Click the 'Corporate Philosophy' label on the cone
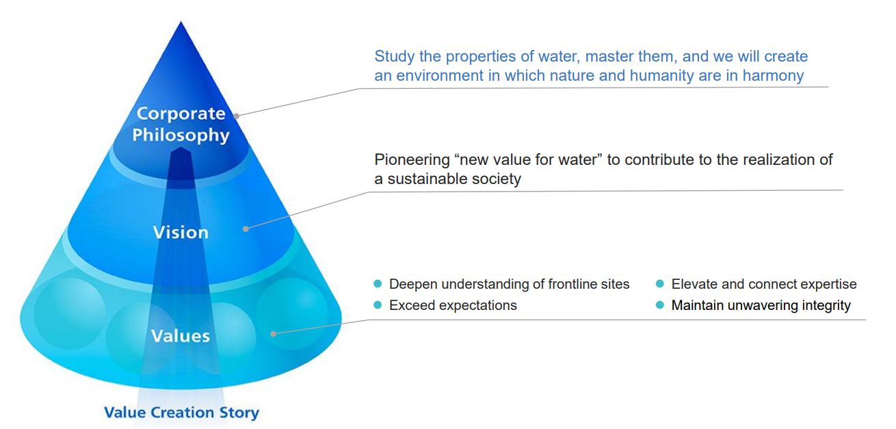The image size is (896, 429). [181, 124]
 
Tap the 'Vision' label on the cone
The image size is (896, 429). [181, 233]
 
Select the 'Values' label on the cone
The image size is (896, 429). [181, 336]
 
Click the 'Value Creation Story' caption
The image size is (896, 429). [182, 413]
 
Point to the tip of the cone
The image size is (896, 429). [181, 22]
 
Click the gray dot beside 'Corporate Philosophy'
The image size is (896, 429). [237, 116]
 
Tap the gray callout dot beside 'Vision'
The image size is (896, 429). [246, 229]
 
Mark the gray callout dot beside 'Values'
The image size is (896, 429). [273, 334]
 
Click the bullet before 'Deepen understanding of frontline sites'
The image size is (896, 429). [378, 284]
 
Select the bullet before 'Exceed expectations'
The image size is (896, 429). [378, 305]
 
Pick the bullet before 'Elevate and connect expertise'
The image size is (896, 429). [660, 284]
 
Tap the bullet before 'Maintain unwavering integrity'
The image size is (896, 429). [660, 305]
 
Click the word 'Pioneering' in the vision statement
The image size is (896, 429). [412, 160]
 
